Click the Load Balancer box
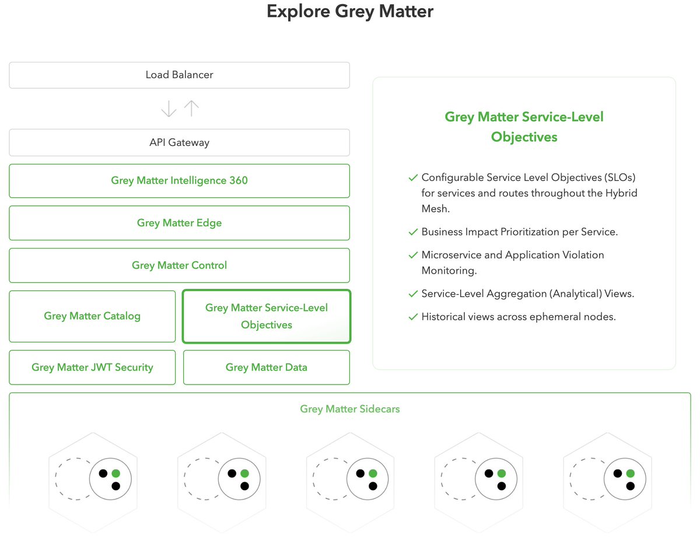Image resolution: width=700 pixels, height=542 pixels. pyautogui.click(x=179, y=75)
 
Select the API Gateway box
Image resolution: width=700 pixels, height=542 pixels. pyautogui.click(x=179, y=142)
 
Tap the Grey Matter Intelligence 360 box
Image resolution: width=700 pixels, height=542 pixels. pyautogui.click(x=179, y=181)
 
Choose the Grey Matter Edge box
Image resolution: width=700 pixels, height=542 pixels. pyautogui.click(x=179, y=223)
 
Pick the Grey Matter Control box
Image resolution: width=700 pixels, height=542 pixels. pyautogui.click(x=179, y=265)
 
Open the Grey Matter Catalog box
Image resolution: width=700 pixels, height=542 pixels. pyautogui.click(x=92, y=316)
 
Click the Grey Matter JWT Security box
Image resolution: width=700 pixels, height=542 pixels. pyautogui.click(x=92, y=368)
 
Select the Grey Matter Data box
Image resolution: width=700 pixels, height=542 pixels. pyautogui.click(x=266, y=368)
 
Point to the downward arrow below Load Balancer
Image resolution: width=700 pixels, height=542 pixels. pyautogui.click(x=169, y=109)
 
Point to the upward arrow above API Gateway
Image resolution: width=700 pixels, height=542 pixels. pyautogui.click(x=191, y=109)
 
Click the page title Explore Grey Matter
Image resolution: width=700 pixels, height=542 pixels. pyautogui.click(x=350, y=12)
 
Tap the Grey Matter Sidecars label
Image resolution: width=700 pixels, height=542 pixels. pyautogui.click(x=350, y=409)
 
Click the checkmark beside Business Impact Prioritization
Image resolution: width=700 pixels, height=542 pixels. pyautogui.click(x=413, y=232)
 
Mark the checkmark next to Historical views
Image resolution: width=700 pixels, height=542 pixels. pyautogui.click(x=413, y=317)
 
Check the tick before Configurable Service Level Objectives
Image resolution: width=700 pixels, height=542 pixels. pyautogui.click(x=413, y=177)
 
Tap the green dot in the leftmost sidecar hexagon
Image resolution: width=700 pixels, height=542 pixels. pyautogui.click(x=116, y=474)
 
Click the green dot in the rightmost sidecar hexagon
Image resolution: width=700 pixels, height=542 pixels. pyautogui.click(x=630, y=474)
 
